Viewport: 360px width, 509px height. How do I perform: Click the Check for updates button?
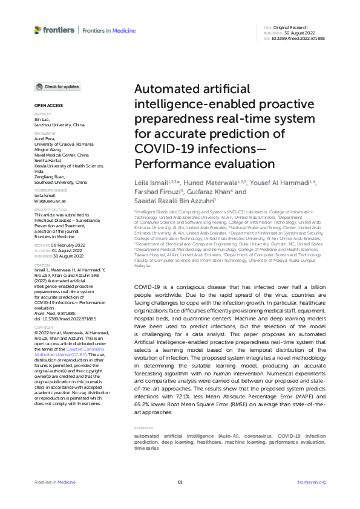(x=57, y=87)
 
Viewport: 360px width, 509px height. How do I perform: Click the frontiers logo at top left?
(x=54, y=30)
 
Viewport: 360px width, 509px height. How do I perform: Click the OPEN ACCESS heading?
(x=47, y=105)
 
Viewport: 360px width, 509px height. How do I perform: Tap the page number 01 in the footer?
(x=180, y=482)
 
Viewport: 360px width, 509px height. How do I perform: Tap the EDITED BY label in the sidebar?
(x=42, y=114)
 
